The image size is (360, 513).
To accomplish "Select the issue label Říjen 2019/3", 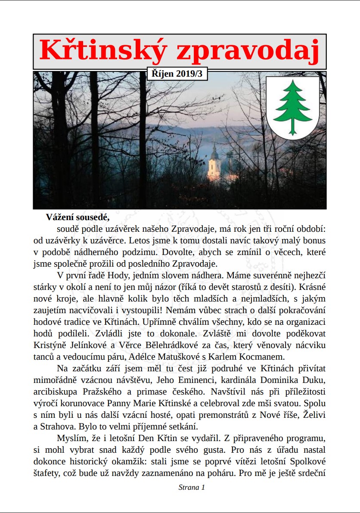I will pos(177,74).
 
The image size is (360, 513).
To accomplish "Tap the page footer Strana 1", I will pos(192,487).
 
